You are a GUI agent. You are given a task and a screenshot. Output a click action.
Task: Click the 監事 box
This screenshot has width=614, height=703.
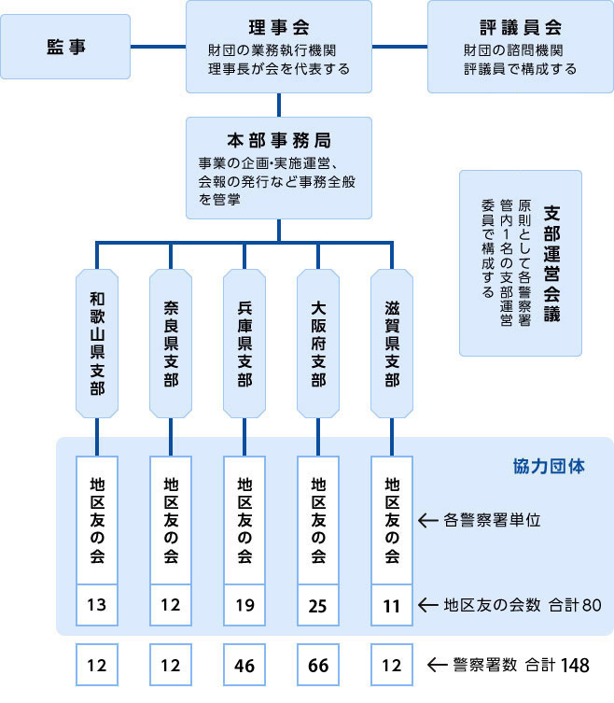(65, 47)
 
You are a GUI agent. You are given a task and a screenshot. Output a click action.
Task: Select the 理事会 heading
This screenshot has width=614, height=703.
(279, 28)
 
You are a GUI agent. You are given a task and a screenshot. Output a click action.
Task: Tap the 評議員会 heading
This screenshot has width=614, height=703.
(521, 28)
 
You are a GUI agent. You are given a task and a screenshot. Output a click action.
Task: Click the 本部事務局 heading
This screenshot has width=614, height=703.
(279, 141)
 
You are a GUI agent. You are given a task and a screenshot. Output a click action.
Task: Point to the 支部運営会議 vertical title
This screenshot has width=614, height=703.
(551, 263)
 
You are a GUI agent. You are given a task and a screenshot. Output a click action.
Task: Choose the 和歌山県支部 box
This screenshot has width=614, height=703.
(97, 344)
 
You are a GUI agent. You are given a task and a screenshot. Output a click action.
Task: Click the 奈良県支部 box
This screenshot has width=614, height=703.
(171, 344)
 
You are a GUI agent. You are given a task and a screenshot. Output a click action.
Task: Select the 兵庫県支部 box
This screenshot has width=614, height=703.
(244, 344)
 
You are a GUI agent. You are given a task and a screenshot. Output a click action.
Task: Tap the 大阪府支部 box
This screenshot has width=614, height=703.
(318, 344)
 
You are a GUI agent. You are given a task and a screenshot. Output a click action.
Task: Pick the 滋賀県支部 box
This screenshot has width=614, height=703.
(392, 344)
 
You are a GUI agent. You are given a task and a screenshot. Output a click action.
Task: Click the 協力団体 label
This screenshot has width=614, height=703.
(549, 467)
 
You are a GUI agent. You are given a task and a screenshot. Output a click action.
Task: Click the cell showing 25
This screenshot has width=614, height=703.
(318, 605)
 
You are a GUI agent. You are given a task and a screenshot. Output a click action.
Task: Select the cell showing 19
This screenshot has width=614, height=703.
(244, 605)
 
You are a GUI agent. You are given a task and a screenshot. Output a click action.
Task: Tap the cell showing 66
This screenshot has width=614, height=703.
(318, 665)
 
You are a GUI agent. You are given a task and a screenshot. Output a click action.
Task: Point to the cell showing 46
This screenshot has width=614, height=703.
(244, 665)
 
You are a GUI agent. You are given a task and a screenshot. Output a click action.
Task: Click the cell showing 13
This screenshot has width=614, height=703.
(97, 605)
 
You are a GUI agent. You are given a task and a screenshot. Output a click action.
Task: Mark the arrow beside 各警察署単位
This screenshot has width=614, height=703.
(428, 521)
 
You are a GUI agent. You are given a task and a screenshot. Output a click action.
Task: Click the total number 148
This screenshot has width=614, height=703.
(575, 666)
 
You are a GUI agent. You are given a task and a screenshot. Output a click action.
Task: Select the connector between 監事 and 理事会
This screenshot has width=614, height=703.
(159, 47)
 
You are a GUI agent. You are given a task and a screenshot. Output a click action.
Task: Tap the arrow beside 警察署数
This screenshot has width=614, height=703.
(438, 665)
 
